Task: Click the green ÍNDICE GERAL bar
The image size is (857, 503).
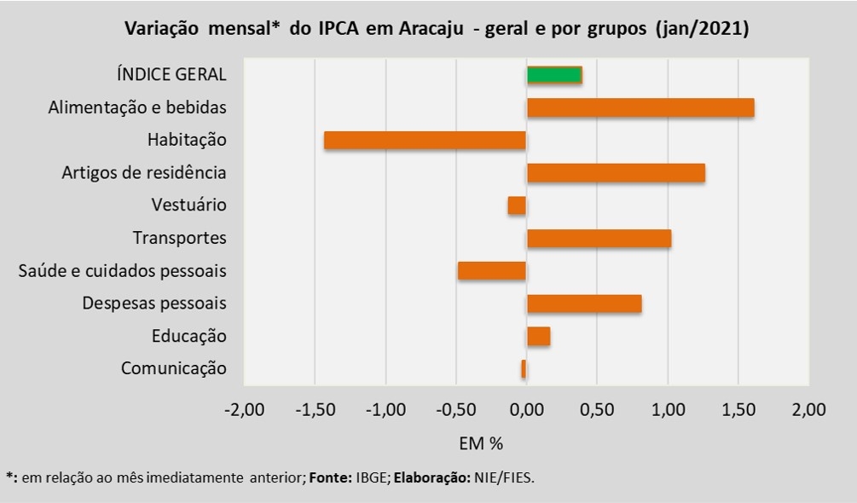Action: (x=554, y=74)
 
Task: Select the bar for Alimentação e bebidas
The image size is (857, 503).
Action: (x=640, y=107)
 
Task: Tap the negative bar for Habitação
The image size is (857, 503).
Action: (x=425, y=140)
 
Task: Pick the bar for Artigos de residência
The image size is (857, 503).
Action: (x=616, y=173)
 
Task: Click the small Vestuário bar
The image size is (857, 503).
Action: (x=517, y=205)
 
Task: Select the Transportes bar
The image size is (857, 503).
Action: (x=599, y=238)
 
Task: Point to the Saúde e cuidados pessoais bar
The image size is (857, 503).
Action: (x=492, y=271)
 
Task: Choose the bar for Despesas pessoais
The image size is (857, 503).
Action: (x=584, y=304)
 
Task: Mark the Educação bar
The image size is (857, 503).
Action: (x=538, y=336)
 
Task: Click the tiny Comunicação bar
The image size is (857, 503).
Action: (x=524, y=368)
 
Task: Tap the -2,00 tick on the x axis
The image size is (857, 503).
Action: (x=244, y=410)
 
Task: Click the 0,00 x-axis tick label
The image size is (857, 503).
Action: (x=527, y=410)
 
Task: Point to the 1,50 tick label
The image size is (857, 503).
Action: (x=738, y=410)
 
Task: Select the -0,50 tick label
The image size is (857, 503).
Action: (x=456, y=410)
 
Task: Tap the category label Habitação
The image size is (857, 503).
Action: (x=187, y=140)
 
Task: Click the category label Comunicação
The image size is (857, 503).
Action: (x=174, y=368)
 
